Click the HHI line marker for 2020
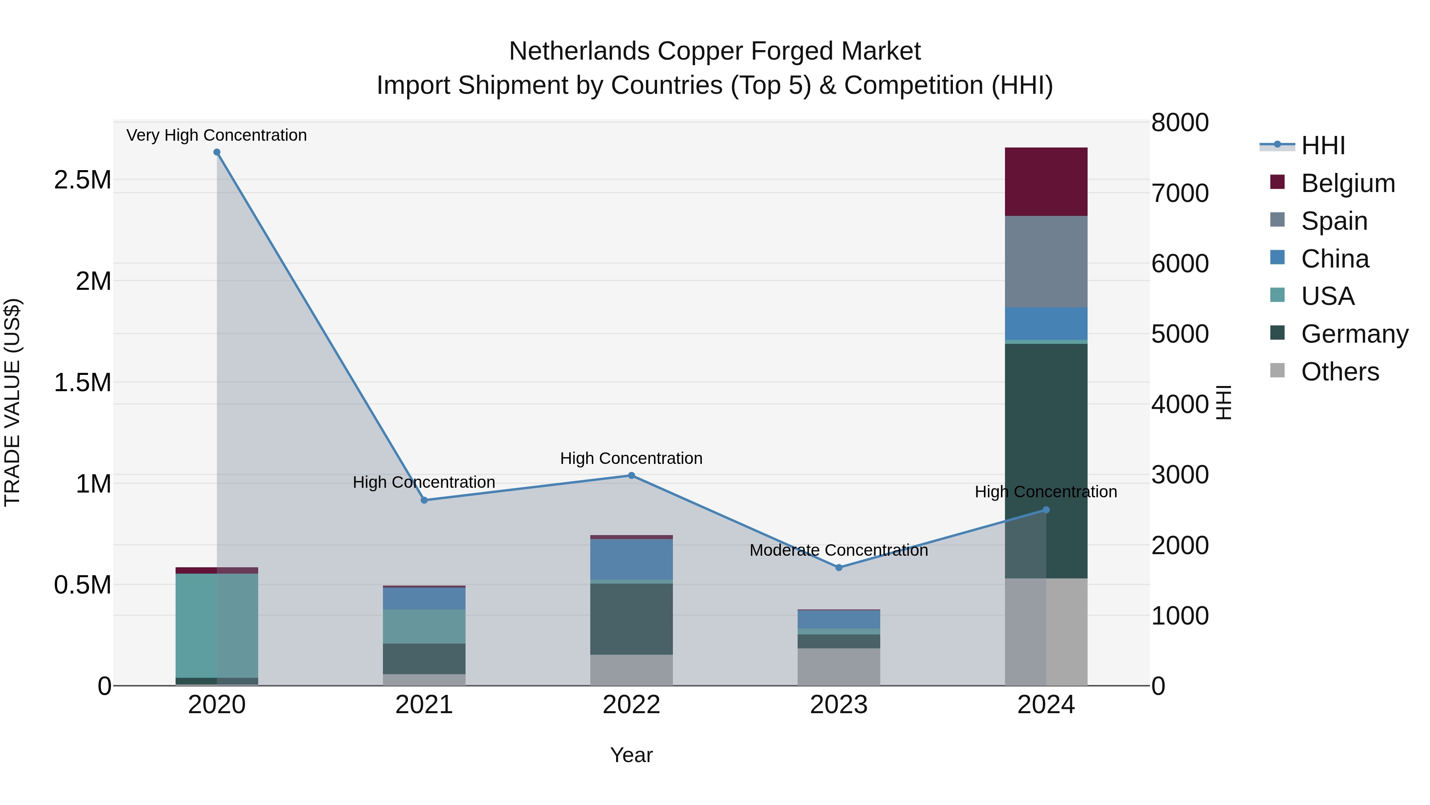216,152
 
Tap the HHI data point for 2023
839,567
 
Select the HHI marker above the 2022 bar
631,475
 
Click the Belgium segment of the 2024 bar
1046,182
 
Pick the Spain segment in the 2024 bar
1046,261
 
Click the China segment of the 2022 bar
631,559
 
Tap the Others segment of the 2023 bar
839,667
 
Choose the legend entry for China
1335,259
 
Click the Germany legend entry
1354,334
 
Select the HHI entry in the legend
1323,145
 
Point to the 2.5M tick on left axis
82,180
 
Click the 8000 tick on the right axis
1180,123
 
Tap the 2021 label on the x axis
424,705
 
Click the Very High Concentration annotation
216,135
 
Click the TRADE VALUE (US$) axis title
12,402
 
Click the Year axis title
631,755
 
